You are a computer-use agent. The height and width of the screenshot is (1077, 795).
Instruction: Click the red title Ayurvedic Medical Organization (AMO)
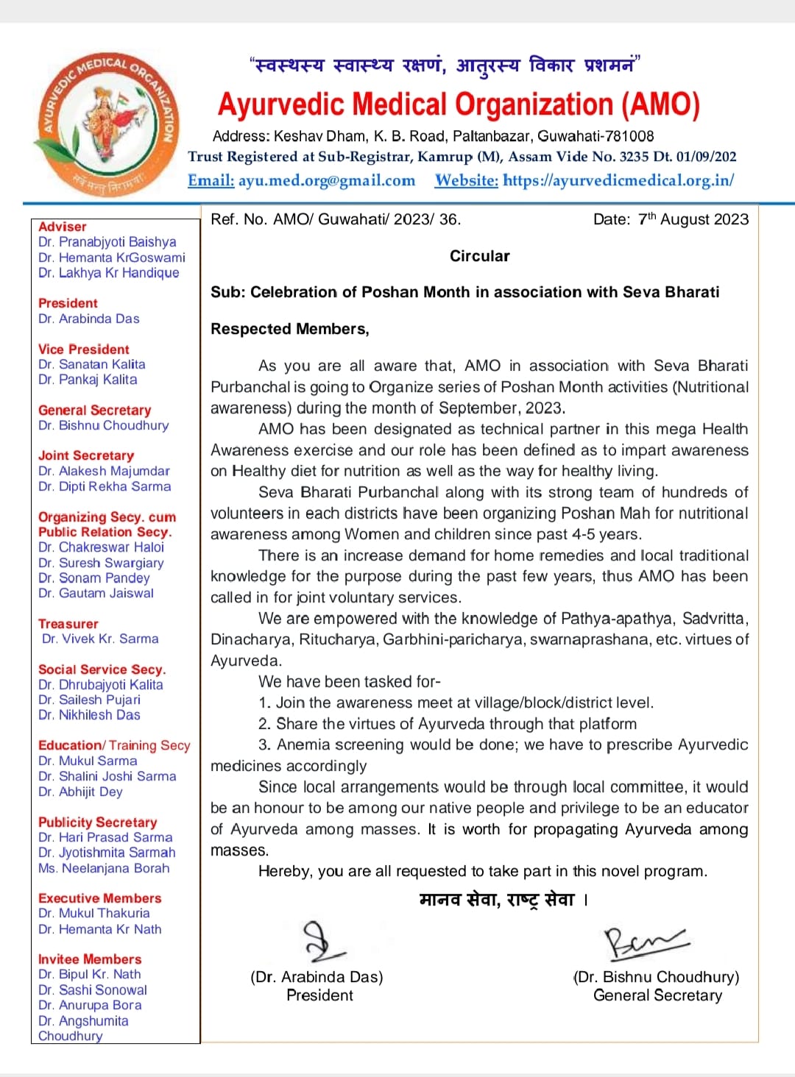(458, 104)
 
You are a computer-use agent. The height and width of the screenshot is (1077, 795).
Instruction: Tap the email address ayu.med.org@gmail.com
(326, 180)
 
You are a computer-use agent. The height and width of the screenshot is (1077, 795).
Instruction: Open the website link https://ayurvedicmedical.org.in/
(618, 180)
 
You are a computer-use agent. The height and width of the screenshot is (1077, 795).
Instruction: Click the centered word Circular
(479, 256)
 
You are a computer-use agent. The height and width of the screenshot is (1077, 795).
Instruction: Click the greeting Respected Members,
(290, 329)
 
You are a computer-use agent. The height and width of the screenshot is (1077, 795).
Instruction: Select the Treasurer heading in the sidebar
(68, 624)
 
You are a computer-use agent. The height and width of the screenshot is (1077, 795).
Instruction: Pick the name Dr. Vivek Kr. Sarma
(100, 639)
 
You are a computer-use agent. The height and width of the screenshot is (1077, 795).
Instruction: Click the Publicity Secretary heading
(97, 822)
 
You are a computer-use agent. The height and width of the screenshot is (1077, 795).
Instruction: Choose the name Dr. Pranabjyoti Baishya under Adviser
(107, 242)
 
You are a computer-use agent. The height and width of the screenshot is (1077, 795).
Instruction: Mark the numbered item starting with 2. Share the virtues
(447, 724)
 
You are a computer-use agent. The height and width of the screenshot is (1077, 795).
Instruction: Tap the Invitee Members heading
(90, 959)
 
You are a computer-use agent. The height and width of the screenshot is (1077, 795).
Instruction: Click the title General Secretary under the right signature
(657, 995)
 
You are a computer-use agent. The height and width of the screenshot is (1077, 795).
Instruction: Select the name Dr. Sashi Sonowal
(93, 989)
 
